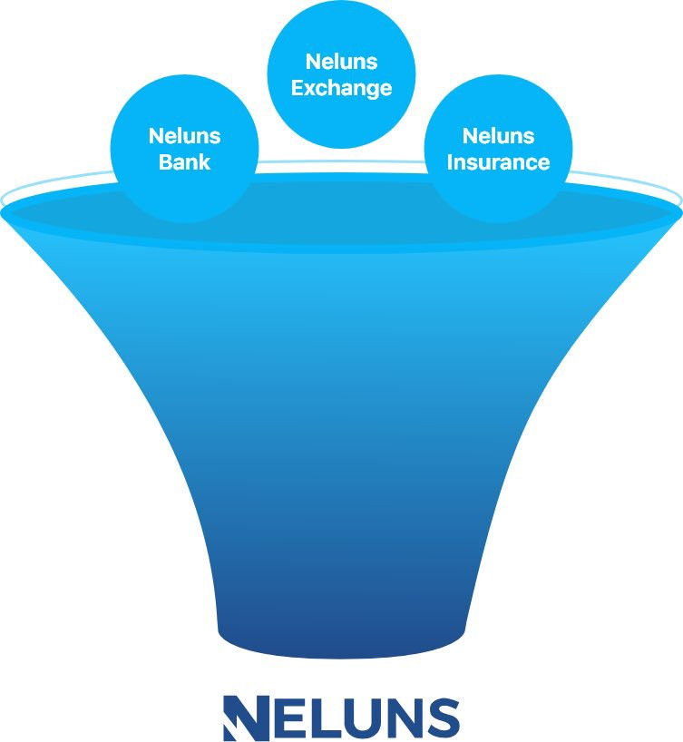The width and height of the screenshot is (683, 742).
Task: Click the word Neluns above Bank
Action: click(x=185, y=136)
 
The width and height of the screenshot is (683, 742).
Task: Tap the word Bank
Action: click(x=185, y=161)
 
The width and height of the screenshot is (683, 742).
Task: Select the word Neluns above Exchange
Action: click(x=341, y=62)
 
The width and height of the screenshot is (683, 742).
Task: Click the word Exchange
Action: click(x=341, y=89)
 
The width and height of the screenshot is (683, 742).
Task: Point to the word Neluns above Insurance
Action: click(x=498, y=136)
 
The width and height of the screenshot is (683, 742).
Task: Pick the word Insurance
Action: click(x=498, y=161)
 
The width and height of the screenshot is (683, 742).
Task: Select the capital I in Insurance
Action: click(x=450, y=161)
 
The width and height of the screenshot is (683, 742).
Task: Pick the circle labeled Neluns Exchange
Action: click(x=341, y=74)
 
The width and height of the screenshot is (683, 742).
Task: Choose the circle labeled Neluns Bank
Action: click(x=185, y=149)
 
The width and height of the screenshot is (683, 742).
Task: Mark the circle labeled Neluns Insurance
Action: click(x=498, y=149)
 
